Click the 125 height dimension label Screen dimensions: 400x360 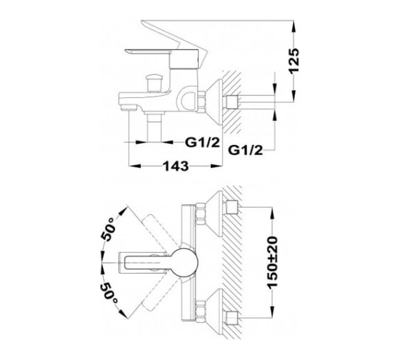[294, 61]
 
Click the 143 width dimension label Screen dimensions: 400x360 [176, 166]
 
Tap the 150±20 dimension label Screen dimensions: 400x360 [272, 263]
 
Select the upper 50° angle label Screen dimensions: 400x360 [108, 229]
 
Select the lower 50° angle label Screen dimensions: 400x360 [109, 293]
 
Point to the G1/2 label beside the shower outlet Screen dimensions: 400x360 [202, 142]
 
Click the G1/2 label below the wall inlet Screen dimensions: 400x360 [245, 150]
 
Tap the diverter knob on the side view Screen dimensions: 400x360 [154, 82]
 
